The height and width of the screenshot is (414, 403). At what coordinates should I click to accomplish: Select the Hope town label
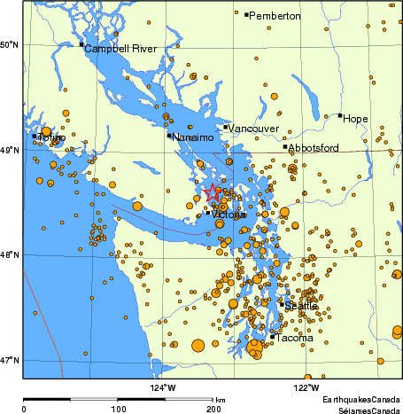(x=355, y=119)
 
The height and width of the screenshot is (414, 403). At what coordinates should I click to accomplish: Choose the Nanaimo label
(x=193, y=137)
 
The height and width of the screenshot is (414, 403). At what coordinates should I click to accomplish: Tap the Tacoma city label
(x=294, y=338)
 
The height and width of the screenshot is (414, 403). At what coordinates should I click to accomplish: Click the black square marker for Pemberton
(x=246, y=14)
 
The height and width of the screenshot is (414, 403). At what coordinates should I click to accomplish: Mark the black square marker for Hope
(x=339, y=115)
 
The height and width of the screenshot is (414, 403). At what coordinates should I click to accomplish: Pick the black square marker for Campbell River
(x=81, y=44)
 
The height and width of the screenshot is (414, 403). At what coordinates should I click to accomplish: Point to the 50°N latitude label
(x=11, y=44)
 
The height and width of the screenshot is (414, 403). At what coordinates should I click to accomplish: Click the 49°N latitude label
(x=11, y=151)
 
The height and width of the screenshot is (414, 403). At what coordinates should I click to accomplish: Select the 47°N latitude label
(x=11, y=360)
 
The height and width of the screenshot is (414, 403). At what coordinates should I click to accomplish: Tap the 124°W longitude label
(x=164, y=387)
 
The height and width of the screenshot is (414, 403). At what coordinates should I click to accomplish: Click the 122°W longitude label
(x=306, y=387)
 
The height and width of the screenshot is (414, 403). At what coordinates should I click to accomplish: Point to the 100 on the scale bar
(x=118, y=409)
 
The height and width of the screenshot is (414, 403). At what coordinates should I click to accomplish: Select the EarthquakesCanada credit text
(x=360, y=400)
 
